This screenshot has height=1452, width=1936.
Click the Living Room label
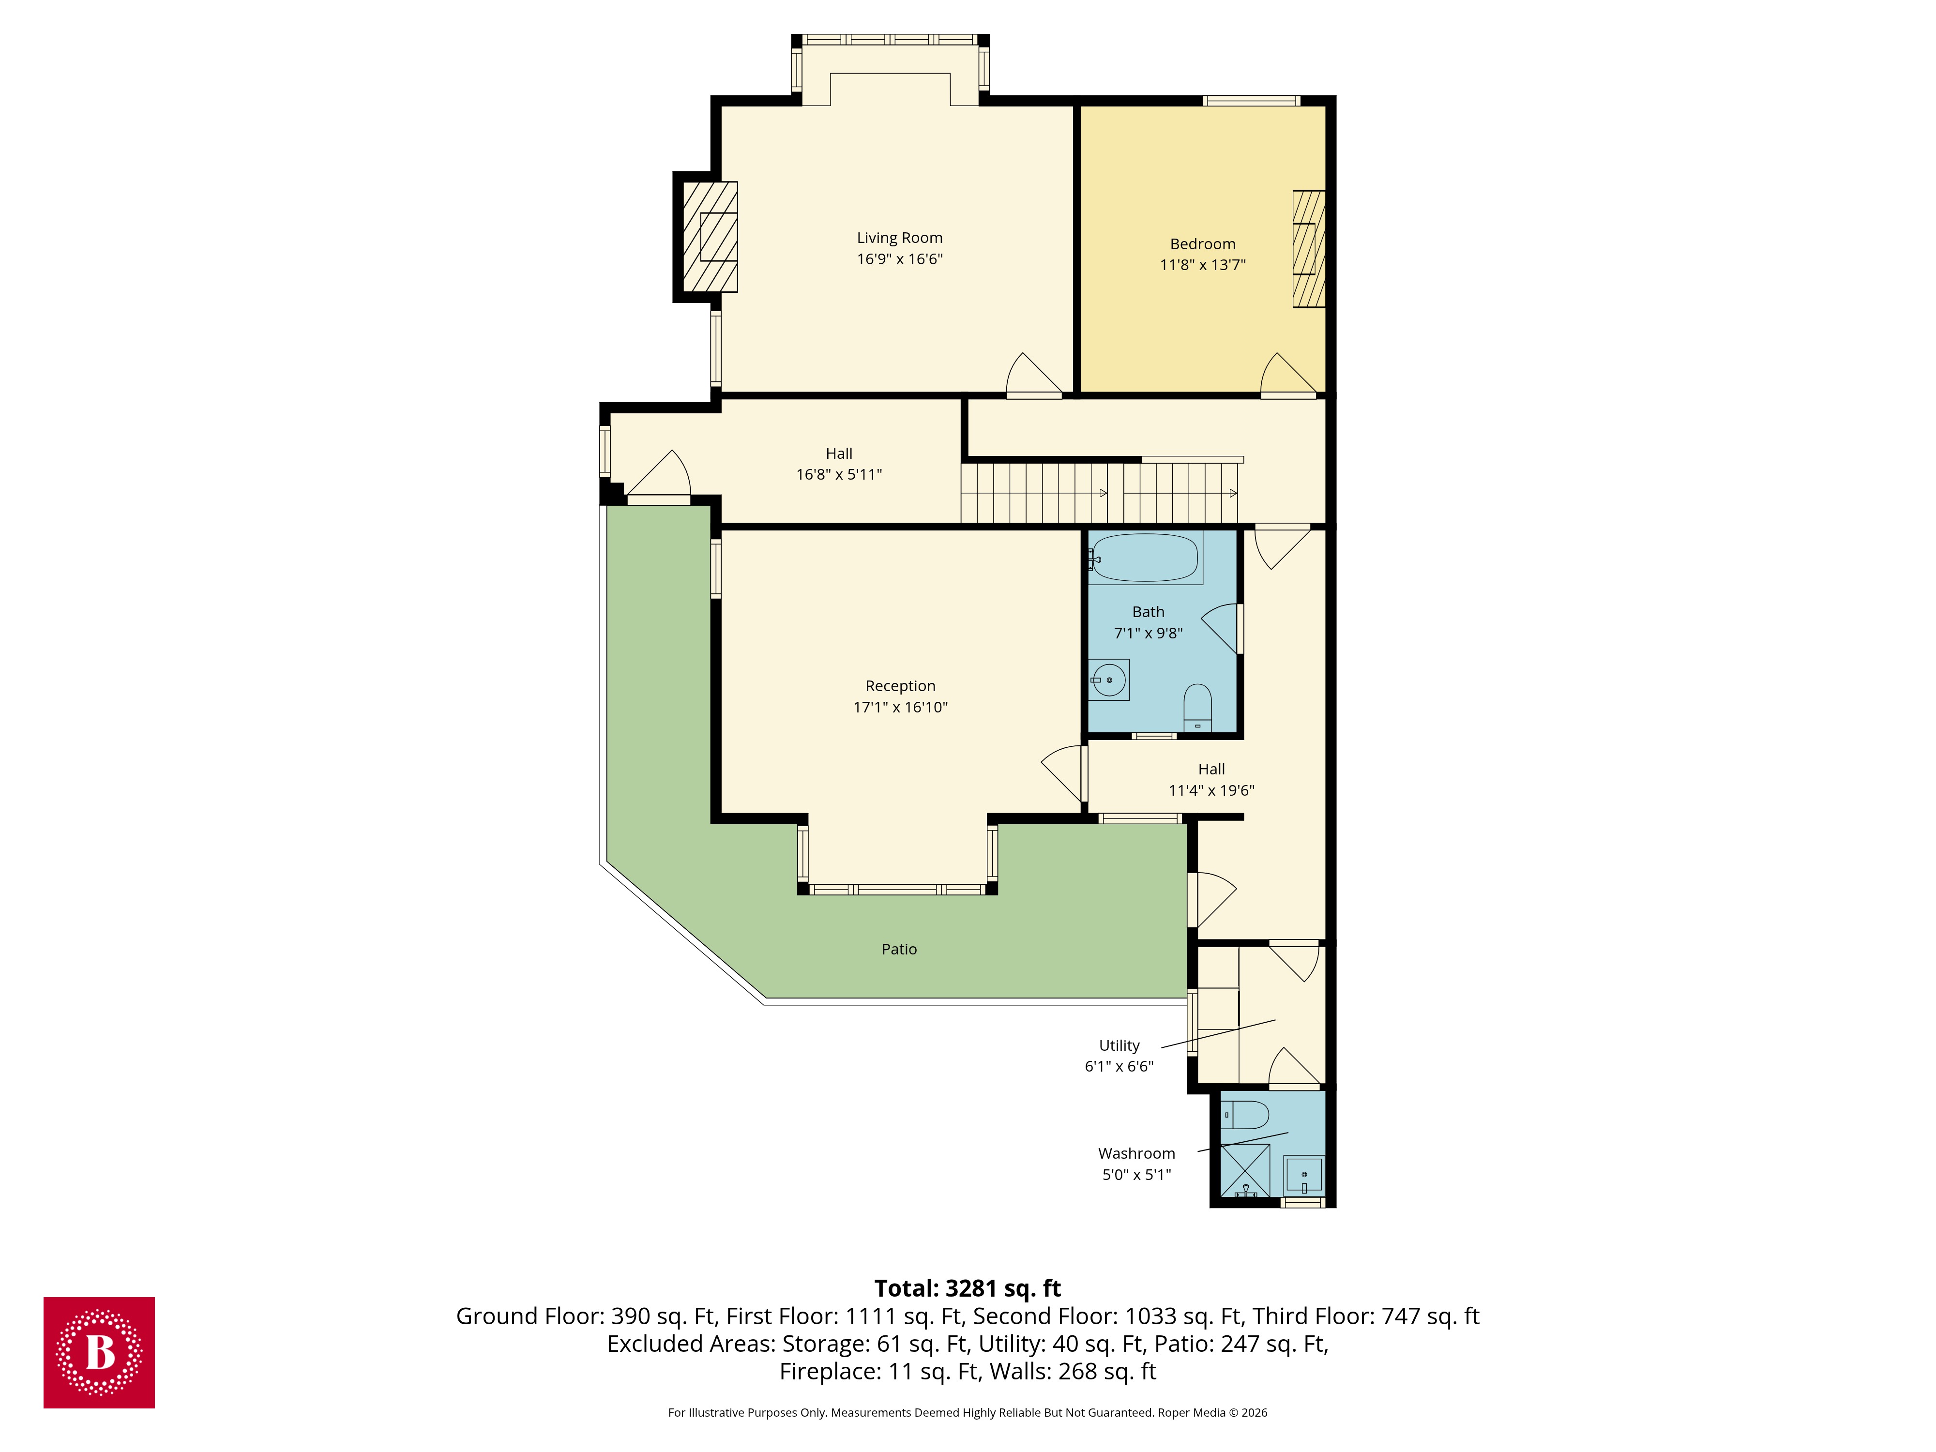(x=899, y=238)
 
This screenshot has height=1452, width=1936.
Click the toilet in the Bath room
(x=1196, y=706)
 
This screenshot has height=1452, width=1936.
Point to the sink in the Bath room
(x=1109, y=679)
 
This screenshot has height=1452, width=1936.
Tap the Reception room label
(x=900, y=686)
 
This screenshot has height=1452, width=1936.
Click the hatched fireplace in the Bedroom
(x=1308, y=249)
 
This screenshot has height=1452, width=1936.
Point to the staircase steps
(x=1098, y=493)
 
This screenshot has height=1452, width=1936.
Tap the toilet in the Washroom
(x=1244, y=1115)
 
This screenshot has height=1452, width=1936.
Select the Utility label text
(x=1119, y=1046)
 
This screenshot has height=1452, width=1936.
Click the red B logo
(x=99, y=1352)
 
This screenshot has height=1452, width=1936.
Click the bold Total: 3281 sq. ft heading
(x=967, y=1288)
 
